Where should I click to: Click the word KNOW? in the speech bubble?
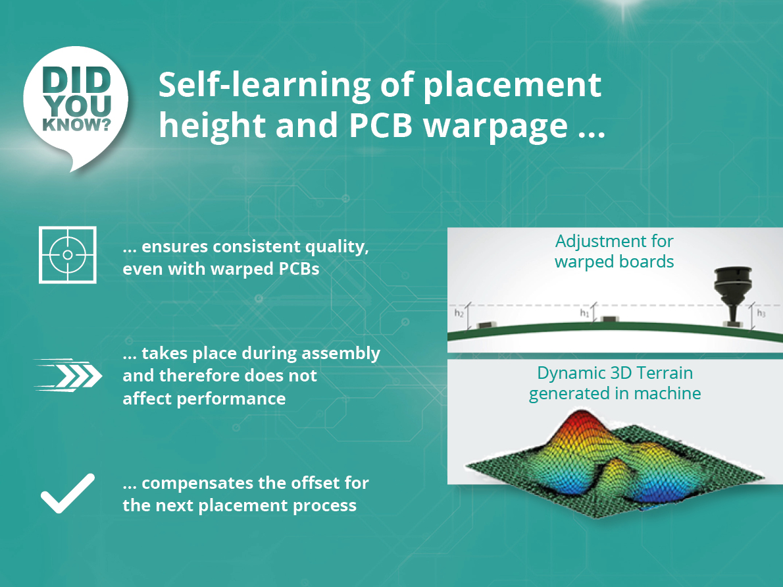click(76, 124)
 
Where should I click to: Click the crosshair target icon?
click(67, 255)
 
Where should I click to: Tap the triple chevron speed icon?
click(68, 375)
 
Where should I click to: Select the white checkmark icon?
click(67, 493)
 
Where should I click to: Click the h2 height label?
click(459, 313)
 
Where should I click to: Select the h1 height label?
click(584, 313)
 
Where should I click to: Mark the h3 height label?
click(761, 313)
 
